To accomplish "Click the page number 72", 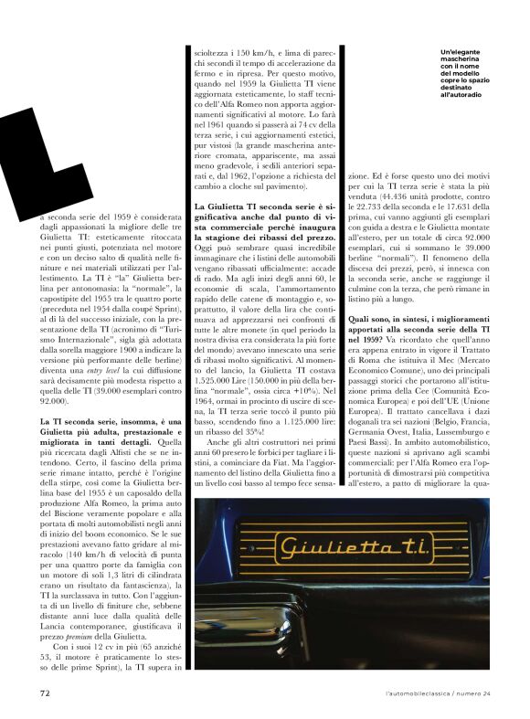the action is coord(44,693).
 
